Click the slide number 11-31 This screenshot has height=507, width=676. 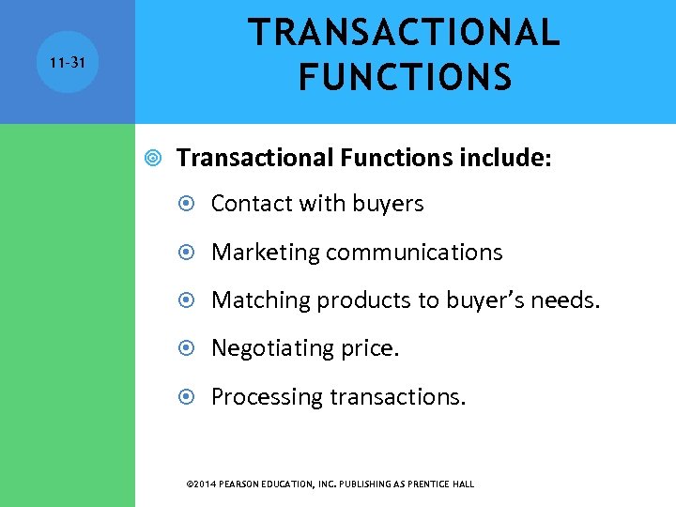[x=69, y=62]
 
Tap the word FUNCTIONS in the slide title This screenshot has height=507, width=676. [x=405, y=77]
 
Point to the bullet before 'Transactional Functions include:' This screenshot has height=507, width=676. [x=153, y=158]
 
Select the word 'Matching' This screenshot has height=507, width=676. [x=260, y=300]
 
